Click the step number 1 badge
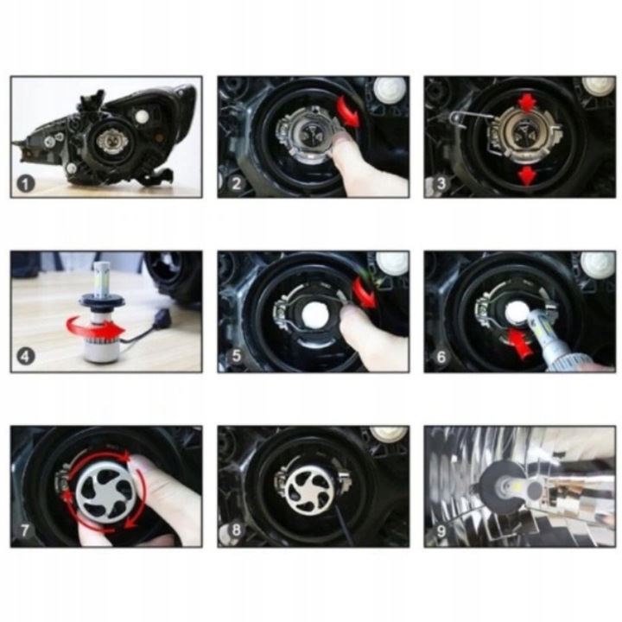click(25, 184)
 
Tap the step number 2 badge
click(236, 184)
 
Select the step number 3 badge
click(441, 183)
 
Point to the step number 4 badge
click(25, 357)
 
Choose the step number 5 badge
click(236, 356)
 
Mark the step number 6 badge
click(441, 357)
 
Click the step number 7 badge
click(25, 530)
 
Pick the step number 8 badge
click(236, 530)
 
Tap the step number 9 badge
click(441, 530)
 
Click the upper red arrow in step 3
click(527, 103)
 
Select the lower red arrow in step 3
click(527, 175)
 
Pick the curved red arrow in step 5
click(365, 292)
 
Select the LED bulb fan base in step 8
click(310, 488)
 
